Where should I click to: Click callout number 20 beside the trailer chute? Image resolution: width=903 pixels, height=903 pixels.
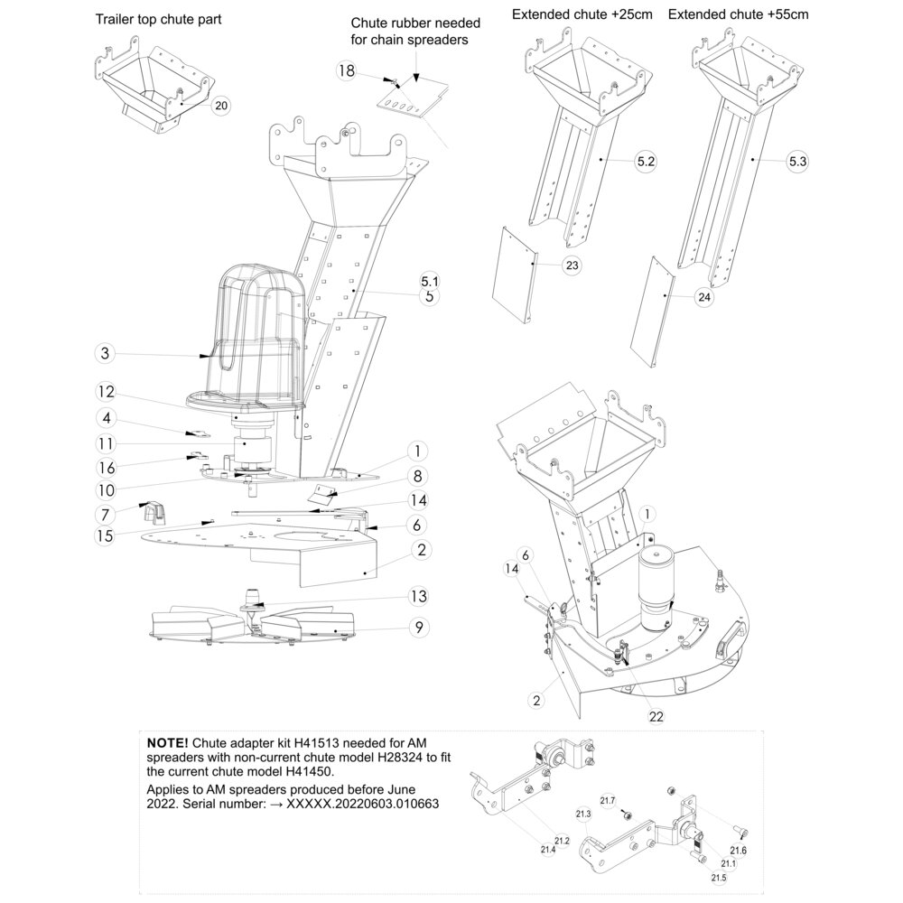222,106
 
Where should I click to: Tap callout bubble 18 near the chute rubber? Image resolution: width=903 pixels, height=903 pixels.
346,70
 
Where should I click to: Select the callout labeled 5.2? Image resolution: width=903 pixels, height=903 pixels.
647,162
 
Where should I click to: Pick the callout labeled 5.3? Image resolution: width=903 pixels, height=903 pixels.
797,162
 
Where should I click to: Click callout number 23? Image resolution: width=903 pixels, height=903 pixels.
572,265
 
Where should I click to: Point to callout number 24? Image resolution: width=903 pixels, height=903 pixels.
704,297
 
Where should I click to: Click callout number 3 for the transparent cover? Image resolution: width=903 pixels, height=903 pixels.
105,353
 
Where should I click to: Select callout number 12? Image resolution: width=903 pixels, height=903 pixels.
107,392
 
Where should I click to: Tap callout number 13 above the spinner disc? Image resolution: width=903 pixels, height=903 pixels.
419,596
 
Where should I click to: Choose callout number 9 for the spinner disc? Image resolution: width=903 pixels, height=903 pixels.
419,628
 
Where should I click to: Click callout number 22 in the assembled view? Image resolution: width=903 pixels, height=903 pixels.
656,716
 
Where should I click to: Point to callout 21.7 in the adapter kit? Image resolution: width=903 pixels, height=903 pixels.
608,801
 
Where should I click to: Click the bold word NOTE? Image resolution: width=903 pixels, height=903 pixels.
167,742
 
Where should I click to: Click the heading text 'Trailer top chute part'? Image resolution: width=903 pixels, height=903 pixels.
158,20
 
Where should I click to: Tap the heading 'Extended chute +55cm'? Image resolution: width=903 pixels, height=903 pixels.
739,14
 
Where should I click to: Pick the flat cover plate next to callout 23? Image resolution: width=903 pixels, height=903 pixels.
515,274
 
